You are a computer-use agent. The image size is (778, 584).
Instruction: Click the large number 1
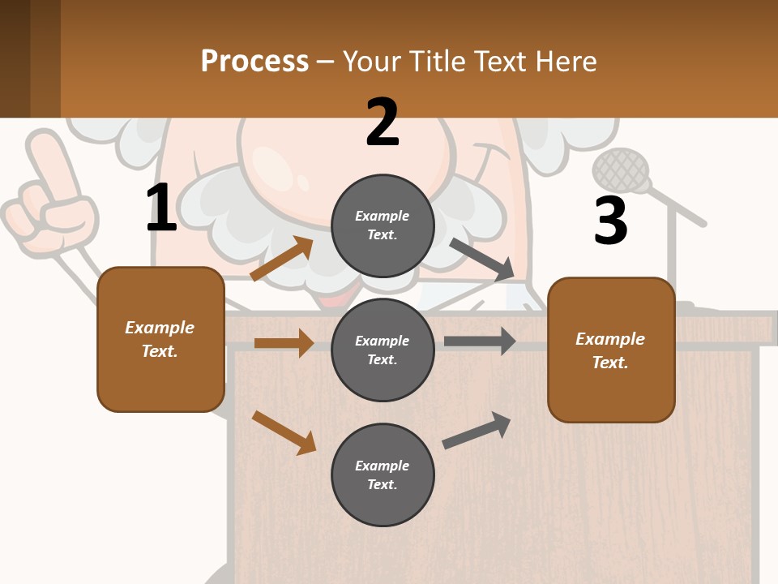[x=161, y=208]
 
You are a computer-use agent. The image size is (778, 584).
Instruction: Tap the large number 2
[x=383, y=122]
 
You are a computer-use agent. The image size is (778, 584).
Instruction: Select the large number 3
[x=611, y=221]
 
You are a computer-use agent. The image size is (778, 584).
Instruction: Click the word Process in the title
[x=254, y=61]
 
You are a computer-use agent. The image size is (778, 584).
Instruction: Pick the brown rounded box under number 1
[x=160, y=339]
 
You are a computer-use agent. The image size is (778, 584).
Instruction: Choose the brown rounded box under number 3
[x=611, y=350]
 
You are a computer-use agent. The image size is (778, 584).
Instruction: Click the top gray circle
[x=383, y=225]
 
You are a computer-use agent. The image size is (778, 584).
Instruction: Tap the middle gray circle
[x=383, y=350]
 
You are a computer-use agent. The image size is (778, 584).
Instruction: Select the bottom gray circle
[x=383, y=474]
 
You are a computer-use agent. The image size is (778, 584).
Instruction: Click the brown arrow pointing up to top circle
[x=282, y=259]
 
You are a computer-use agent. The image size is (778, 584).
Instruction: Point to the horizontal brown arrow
[x=284, y=343]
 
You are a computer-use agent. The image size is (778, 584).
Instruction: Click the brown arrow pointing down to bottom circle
[x=284, y=432]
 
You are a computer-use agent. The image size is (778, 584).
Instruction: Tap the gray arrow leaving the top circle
[x=482, y=260]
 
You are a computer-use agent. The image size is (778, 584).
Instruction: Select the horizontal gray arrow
[x=480, y=341]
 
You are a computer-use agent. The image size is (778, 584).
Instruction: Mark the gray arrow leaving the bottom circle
[x=477, y=430]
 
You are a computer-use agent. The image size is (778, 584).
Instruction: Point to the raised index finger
[x=49, y=158]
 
